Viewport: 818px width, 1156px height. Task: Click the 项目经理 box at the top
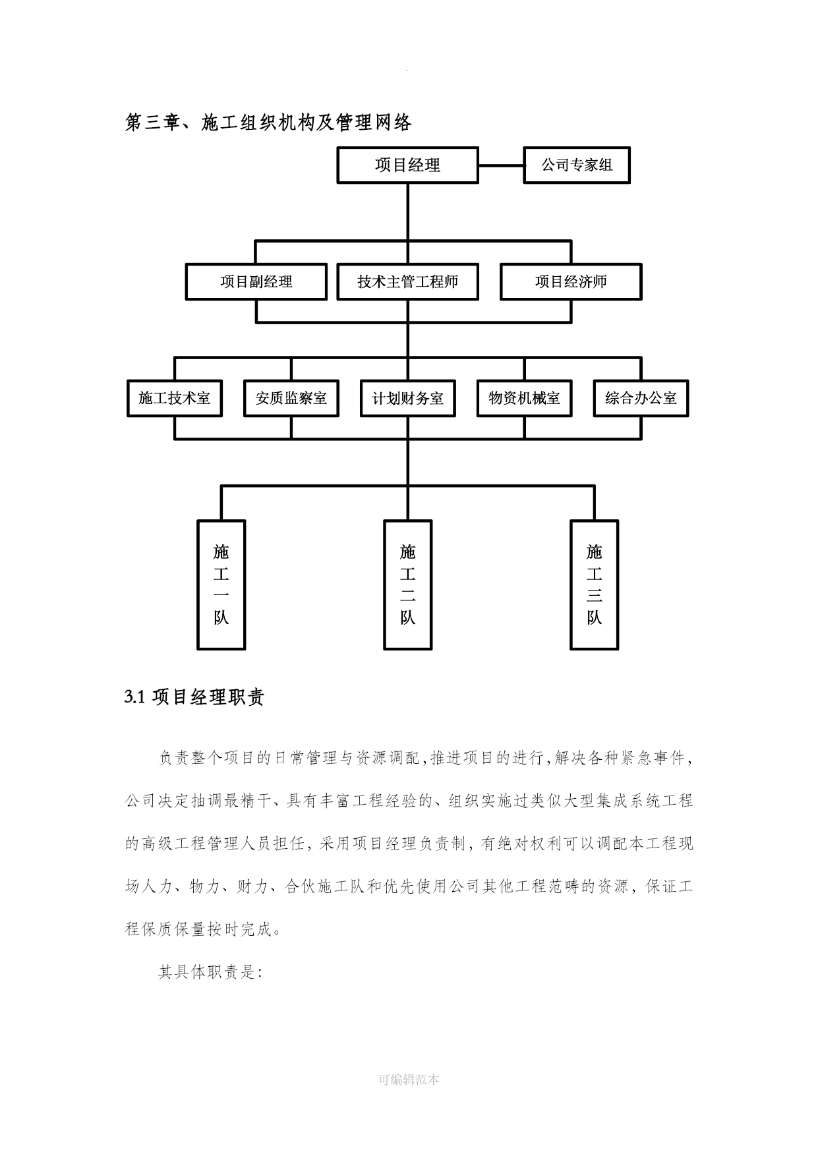tap(407, 165)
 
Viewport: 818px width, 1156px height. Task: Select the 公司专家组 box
tap(577, 165)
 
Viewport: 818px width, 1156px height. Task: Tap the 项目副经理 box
tap(256, 282)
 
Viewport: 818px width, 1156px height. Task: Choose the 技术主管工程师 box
tap(407, 282)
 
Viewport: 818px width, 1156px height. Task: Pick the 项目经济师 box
tap(571, 282)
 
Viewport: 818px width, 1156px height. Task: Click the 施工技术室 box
tap(175, 398)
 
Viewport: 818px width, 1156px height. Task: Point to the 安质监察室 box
tap(291, 398)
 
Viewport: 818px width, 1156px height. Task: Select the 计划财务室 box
tap(408, 398)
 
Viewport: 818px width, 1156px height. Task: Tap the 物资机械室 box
tap(525, 398)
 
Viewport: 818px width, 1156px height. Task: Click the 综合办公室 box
tap(641, 398)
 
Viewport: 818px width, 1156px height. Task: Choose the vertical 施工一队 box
tap(221, 585)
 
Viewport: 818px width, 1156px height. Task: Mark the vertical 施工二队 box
tap(408, 585)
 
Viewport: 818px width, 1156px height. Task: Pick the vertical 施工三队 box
tap(595, 585)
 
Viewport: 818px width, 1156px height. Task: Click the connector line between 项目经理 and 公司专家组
tap(501, 165)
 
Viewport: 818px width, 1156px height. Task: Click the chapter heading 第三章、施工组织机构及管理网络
tap(268, 123)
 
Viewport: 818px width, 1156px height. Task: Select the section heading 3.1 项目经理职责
tap(194, 697)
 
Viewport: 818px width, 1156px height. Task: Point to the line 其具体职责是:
tap(210, 971)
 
